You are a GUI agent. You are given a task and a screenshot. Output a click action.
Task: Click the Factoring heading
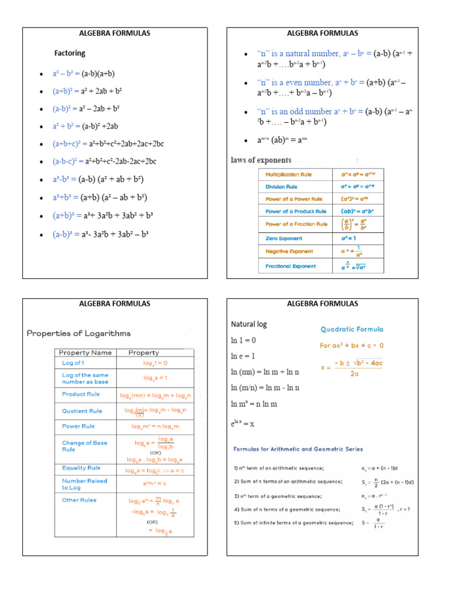pos(70,53)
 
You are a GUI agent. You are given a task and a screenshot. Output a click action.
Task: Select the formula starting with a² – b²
pos(84,74)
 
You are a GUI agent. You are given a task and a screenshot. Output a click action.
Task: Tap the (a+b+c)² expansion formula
pos(108,144)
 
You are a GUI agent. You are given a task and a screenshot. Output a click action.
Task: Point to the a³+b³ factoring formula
pos(99,197)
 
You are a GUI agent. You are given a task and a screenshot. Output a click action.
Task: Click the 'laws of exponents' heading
pos(261,160)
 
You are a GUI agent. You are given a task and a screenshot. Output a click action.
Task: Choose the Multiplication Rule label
pos(289,174)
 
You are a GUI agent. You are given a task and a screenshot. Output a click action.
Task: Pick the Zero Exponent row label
pos(284,239)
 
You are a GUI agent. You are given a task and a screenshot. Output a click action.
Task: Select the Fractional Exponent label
pos(291,266)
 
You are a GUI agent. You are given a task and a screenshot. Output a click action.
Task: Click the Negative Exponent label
pos(289,252)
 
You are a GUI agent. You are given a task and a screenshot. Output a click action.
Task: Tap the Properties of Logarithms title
pos(78,333)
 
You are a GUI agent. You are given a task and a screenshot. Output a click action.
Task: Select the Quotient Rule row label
pos(82,411)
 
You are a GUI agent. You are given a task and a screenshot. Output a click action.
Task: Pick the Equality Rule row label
pos(81,468)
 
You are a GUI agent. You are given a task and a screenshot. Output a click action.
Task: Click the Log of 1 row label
pos(73,363)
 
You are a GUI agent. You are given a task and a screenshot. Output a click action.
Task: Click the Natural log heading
pos(249,324)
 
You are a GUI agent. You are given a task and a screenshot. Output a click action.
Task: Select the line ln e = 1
pos(244,356)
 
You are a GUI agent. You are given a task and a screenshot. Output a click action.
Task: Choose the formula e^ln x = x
pos(243,423)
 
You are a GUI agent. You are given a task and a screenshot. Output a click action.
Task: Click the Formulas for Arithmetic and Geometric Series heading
pos(298,449)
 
